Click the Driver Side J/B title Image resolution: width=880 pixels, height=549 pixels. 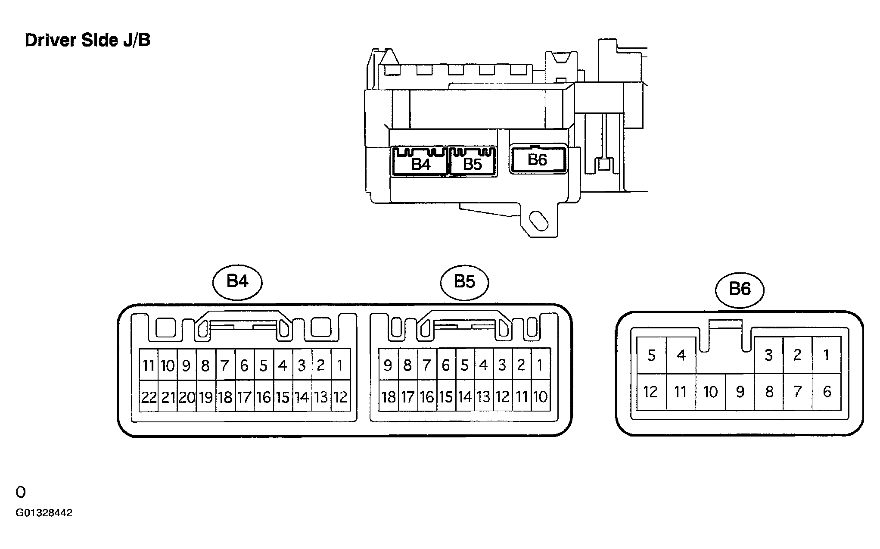pos(88,41)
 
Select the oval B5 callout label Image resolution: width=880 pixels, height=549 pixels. pos(464,282)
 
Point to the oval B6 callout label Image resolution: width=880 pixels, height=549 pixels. pos(740,289)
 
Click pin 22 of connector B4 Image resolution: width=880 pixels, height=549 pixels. pos(149,396)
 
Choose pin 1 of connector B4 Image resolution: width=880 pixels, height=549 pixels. pos(340,365)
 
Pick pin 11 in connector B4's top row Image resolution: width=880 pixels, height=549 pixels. pos(149,365)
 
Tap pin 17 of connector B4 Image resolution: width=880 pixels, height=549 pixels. pos(245,396)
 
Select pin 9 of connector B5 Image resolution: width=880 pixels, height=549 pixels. pos(388,365)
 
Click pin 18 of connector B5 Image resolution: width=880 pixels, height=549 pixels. pos(388,396)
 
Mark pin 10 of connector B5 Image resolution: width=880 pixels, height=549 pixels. pos(541,396)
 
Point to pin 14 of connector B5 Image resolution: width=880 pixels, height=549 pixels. pos(464,396)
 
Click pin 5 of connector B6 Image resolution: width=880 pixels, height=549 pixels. pos(651,355)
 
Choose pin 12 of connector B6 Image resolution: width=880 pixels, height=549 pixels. pos(651,392)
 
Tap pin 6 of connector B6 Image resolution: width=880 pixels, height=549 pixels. pos(827,392)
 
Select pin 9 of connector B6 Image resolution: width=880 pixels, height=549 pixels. pos(740,392)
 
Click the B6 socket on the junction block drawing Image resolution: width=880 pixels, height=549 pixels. pos(538,159)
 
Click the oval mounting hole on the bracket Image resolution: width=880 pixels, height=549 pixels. pos(538,221)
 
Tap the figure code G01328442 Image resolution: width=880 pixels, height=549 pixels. pos(44,513)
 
